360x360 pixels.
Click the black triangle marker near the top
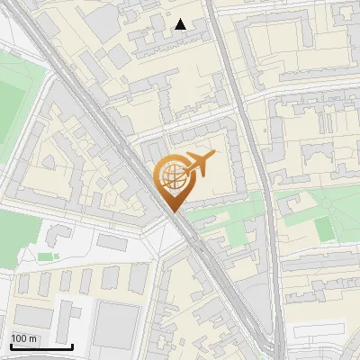tap(181, 24)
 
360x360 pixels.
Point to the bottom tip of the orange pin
tap(172, 211)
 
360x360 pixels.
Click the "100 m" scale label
tap(23, 338)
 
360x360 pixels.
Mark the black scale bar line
tap(41, 346)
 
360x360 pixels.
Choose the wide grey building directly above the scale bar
tap(34, 316)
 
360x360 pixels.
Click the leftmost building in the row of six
tap(23, 283)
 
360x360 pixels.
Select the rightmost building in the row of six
tap(139, 278)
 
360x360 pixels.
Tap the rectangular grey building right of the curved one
tap(112, 243)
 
